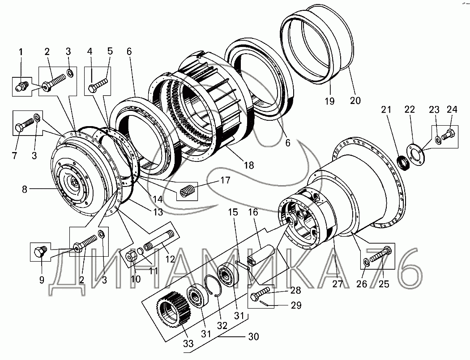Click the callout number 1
(x=21, y=52)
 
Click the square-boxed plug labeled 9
(x=38, y=252)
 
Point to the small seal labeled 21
(x=404, y=162)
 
